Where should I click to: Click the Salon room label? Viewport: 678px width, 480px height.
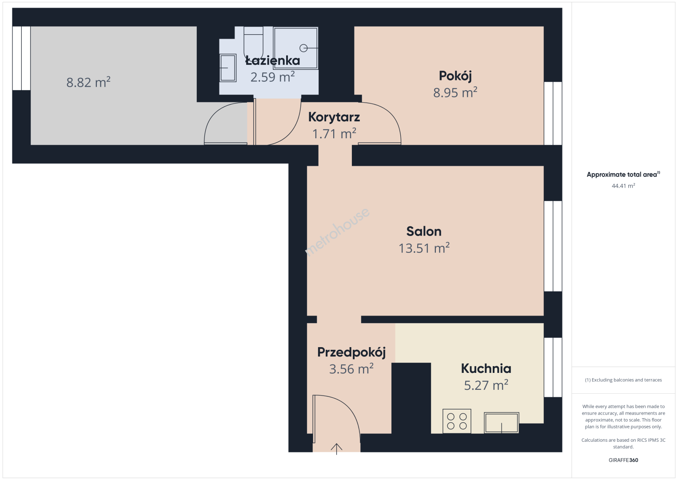point(424,232)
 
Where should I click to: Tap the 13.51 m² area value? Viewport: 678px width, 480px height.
point(424,248)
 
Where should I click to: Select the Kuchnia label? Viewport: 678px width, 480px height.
point(486,368)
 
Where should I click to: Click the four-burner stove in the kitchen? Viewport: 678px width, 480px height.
point(457,421)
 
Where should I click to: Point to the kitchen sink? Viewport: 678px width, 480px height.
point(502,423)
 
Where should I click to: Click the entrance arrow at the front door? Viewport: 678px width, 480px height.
point(336,449)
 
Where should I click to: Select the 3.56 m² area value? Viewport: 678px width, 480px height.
point(351,369)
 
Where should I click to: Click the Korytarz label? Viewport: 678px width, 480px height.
point(334,117)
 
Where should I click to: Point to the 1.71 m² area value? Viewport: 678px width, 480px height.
point(334,133)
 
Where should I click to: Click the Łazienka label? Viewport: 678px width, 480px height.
point(272,60)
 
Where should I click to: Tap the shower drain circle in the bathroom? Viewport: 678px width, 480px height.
point(303,48)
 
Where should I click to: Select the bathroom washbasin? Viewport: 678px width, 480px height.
point(227,68)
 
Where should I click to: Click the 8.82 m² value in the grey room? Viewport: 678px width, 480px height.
point(88,82)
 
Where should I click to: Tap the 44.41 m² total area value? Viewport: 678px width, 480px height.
point(623,186)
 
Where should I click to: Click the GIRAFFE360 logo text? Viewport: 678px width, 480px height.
point(623,460)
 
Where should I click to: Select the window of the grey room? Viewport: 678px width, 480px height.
point(21,58)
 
